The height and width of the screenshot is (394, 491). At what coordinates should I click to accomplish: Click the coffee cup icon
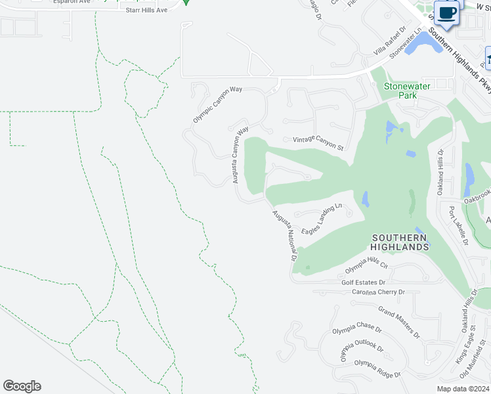coord(447,14)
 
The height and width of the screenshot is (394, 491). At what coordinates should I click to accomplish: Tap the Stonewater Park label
coord(400,91)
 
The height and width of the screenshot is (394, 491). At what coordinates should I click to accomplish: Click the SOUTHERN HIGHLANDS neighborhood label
coord(400,242)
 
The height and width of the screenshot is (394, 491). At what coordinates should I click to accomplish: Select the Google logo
coord(22,386)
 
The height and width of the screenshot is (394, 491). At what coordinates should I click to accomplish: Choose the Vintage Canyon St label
coord(318,142)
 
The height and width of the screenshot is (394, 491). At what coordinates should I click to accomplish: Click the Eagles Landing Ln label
coord(322,219)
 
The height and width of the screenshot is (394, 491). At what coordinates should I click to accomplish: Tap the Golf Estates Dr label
coord(363,282)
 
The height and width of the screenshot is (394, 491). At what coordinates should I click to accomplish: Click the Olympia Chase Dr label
coord(352,327)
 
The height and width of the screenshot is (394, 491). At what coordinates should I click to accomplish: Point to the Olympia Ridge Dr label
coord(377,369)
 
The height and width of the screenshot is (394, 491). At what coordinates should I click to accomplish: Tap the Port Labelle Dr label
coord(457,225)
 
